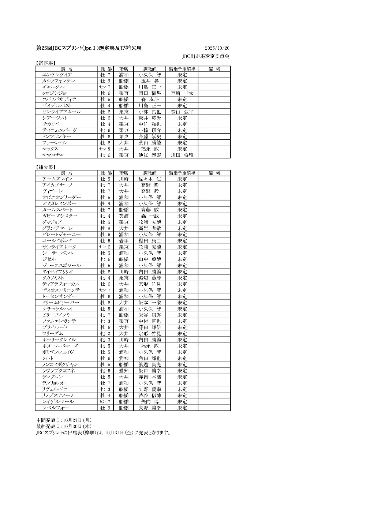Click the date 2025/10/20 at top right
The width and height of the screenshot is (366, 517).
[x=217, y=48]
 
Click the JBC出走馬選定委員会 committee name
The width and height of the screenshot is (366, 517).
[x=206, y=56]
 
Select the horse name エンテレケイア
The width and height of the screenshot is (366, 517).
[x=57, y=75]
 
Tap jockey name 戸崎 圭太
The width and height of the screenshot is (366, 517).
[x=182, y=93]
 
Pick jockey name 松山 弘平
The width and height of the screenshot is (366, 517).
[x=182, y=112]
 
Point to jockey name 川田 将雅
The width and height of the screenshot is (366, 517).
[x=182, y=155]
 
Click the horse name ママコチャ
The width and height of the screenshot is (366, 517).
[x=53, y=155]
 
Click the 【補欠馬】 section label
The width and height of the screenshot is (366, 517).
[x=45, y=168]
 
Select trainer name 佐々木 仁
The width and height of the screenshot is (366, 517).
[x=150, y=179]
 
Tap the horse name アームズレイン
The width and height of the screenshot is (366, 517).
[x=57, y=179]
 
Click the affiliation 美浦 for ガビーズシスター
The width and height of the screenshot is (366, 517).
[x=124, y=216]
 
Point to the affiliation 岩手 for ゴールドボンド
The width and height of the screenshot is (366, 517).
[x=124, y=241]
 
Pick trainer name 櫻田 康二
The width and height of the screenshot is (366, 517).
[x=150, y=241]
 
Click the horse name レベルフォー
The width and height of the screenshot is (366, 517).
[x=55, y=408]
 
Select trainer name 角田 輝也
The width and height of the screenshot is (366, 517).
[x=150, y=358]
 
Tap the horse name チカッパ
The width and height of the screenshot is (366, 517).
[x=51, y=124]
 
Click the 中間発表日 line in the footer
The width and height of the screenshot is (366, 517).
[x=64, y=420]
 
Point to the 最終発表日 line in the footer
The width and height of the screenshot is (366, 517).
[x=64, y=426]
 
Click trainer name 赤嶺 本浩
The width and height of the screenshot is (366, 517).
[x=150, y=377]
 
